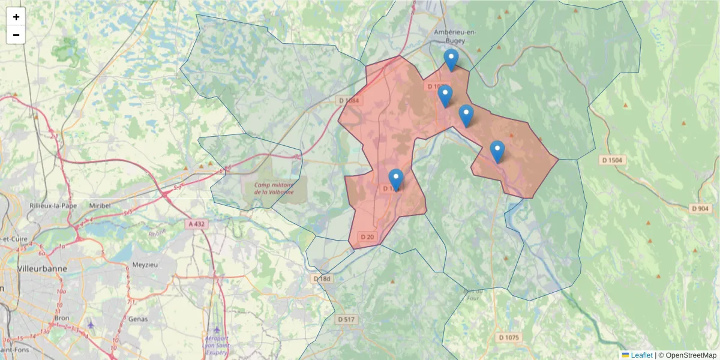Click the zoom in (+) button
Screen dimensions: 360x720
tap(16, 17)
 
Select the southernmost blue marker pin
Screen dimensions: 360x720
tap(396, 179)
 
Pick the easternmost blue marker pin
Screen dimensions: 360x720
tap(497, 151)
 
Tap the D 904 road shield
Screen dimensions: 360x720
tap(700, 208)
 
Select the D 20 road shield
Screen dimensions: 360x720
tap(367, 237)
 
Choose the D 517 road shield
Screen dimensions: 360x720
tap(346, 320)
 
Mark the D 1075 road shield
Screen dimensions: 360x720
tap(508, 338)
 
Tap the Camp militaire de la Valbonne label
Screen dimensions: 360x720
tap(274, 188)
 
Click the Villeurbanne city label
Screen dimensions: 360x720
tap(42, 268)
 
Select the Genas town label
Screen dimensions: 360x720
tap(138, 319)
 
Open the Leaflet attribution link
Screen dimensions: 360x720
tap(641, 355)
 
